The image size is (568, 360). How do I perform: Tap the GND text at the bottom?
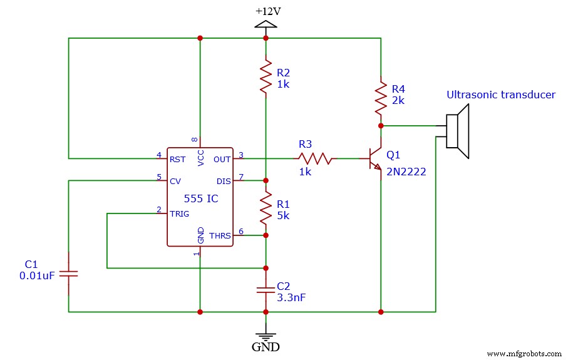[266, 346]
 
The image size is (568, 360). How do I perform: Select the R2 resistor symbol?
[266, 78]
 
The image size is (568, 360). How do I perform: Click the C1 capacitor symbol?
[68, 274]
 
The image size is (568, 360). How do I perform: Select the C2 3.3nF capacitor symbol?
[266, 290]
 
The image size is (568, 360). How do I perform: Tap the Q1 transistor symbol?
[375, 159]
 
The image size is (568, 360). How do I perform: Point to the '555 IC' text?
[200, 199]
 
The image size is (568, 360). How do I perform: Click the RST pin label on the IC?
[178, 159]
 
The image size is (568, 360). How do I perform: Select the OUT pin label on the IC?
[222, 159]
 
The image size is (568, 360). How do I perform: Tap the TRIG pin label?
[180, 213]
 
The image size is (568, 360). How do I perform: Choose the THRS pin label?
[220, 236]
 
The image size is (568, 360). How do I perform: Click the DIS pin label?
[224, 181]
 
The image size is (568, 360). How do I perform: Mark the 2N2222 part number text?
[406, 172]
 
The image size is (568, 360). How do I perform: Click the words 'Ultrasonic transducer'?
[500, 95]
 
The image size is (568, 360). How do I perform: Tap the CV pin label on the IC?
[175, 181]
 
